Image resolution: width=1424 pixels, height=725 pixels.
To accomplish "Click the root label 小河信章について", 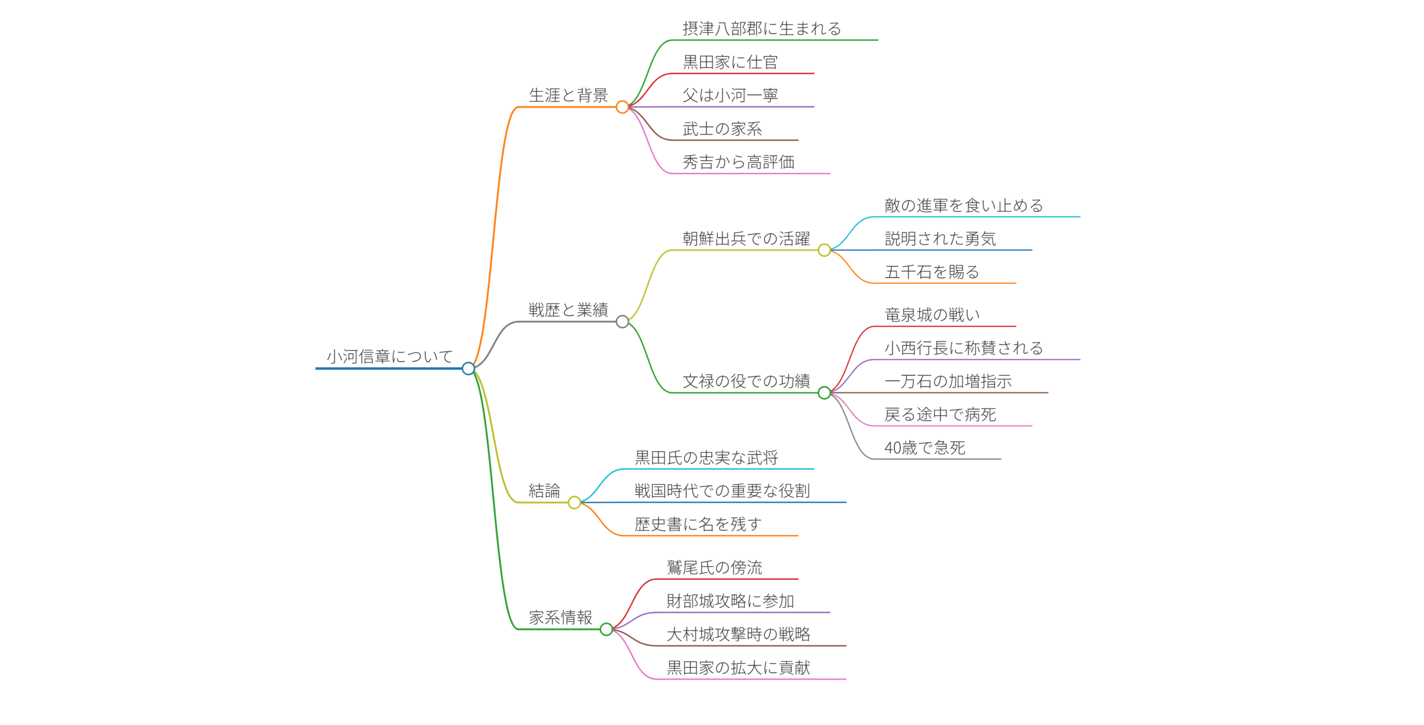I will pos(389,356).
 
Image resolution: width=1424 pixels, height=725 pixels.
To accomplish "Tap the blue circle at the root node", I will pos(468,368).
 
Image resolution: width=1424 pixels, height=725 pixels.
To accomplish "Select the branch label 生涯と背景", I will pos(568,95).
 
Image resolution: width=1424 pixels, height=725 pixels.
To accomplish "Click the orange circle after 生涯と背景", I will pos(622,107).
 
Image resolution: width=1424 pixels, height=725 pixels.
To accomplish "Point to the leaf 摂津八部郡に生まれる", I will pos(762,28).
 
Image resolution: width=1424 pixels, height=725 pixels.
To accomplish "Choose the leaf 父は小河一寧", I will pos(730,95).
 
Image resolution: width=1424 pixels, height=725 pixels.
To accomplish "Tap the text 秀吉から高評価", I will pos(738,162).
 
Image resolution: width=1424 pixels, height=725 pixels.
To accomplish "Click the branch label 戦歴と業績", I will pos(568,310).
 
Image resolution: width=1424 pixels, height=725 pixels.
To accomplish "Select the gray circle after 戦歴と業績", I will pos(622,321).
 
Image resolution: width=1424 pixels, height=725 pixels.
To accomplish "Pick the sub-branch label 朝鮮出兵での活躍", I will pos(746,239).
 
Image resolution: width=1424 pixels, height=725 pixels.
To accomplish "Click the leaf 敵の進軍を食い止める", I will pos(963,205).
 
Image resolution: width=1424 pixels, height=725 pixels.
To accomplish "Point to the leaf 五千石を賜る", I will pos(932,272).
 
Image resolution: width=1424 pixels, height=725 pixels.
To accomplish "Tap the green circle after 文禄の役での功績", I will pos(824,393).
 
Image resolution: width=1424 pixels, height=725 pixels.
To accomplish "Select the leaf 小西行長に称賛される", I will pos(963,348).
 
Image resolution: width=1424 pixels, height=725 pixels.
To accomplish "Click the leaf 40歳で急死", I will pos(924,448).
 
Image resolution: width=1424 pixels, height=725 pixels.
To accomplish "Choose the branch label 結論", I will pos(544,490).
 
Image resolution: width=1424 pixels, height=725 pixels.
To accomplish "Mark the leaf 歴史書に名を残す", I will pos(698,524).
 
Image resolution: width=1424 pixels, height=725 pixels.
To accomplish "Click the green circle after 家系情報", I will pos(606,629).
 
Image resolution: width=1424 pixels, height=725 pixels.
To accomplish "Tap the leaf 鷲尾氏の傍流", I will pos(714,567).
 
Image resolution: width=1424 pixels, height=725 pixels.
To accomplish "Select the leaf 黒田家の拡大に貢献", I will pos(738,667).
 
